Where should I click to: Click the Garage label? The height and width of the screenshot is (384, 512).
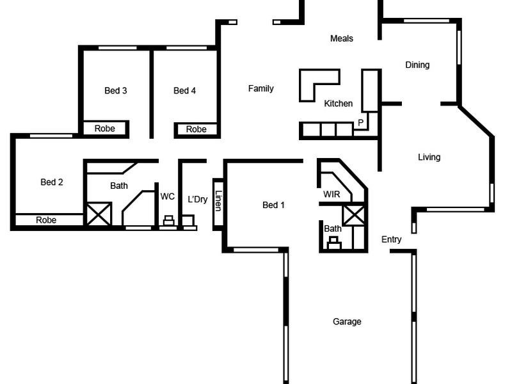pos(347,321)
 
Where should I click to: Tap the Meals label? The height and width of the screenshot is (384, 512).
pos(341,38)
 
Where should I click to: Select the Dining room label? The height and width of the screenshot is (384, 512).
pos(417,65)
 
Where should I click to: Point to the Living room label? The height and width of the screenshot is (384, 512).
pos(429,157)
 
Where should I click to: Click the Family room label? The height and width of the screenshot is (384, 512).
pos(261,88)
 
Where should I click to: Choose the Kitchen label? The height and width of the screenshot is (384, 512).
pos(338,103)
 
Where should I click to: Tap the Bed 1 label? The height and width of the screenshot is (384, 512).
pos(274,205)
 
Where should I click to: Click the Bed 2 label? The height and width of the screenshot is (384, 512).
pos(52,182)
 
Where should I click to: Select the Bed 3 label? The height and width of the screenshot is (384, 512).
pos(116,90)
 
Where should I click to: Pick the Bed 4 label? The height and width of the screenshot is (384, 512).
pos(185,90)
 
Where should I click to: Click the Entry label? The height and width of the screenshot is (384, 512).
pos(392,239)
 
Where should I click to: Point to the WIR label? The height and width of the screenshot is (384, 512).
pos(332,194)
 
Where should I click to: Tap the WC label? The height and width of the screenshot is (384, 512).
pos(168,196)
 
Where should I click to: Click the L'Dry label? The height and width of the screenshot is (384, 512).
pos(198,199)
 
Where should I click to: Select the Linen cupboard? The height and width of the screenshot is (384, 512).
pos(218,202)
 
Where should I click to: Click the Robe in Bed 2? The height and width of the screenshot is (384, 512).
pos(46,220)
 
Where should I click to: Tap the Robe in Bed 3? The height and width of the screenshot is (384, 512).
pos(105,129)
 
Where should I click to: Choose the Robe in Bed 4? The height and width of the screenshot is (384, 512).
pos(196,129)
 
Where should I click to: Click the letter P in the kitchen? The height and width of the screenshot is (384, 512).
pos(360,122)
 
